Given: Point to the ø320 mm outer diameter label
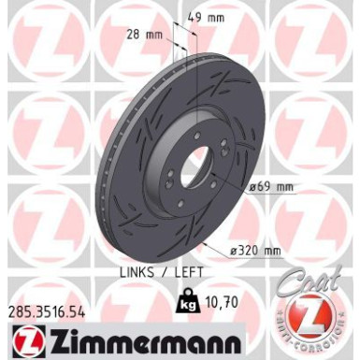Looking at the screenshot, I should pyautogui.click(x=255, y=250).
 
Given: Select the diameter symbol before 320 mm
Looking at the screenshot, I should pyautogui.click(x=233, y=250).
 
